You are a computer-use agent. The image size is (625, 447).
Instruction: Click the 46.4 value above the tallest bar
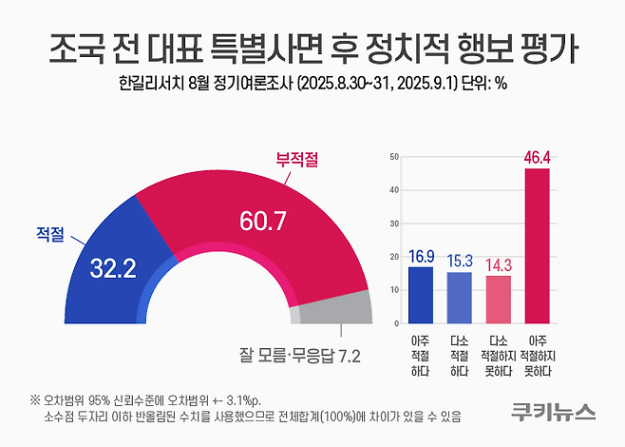[x=537, y=157]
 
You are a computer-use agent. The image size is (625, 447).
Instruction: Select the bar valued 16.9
[x=421, y=295]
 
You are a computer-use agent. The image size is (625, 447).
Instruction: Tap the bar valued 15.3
[x=459, y=298]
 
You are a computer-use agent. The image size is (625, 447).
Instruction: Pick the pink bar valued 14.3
[x=498, y=300]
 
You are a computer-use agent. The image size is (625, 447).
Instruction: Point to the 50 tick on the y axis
[x=394, y=156]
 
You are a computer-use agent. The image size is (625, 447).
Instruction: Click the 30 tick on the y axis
[x=394, y=223]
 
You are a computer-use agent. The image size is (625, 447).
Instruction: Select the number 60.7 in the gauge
[x=262, y=223]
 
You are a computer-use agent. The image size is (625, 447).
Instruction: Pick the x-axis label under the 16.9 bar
[x=421, y=353]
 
